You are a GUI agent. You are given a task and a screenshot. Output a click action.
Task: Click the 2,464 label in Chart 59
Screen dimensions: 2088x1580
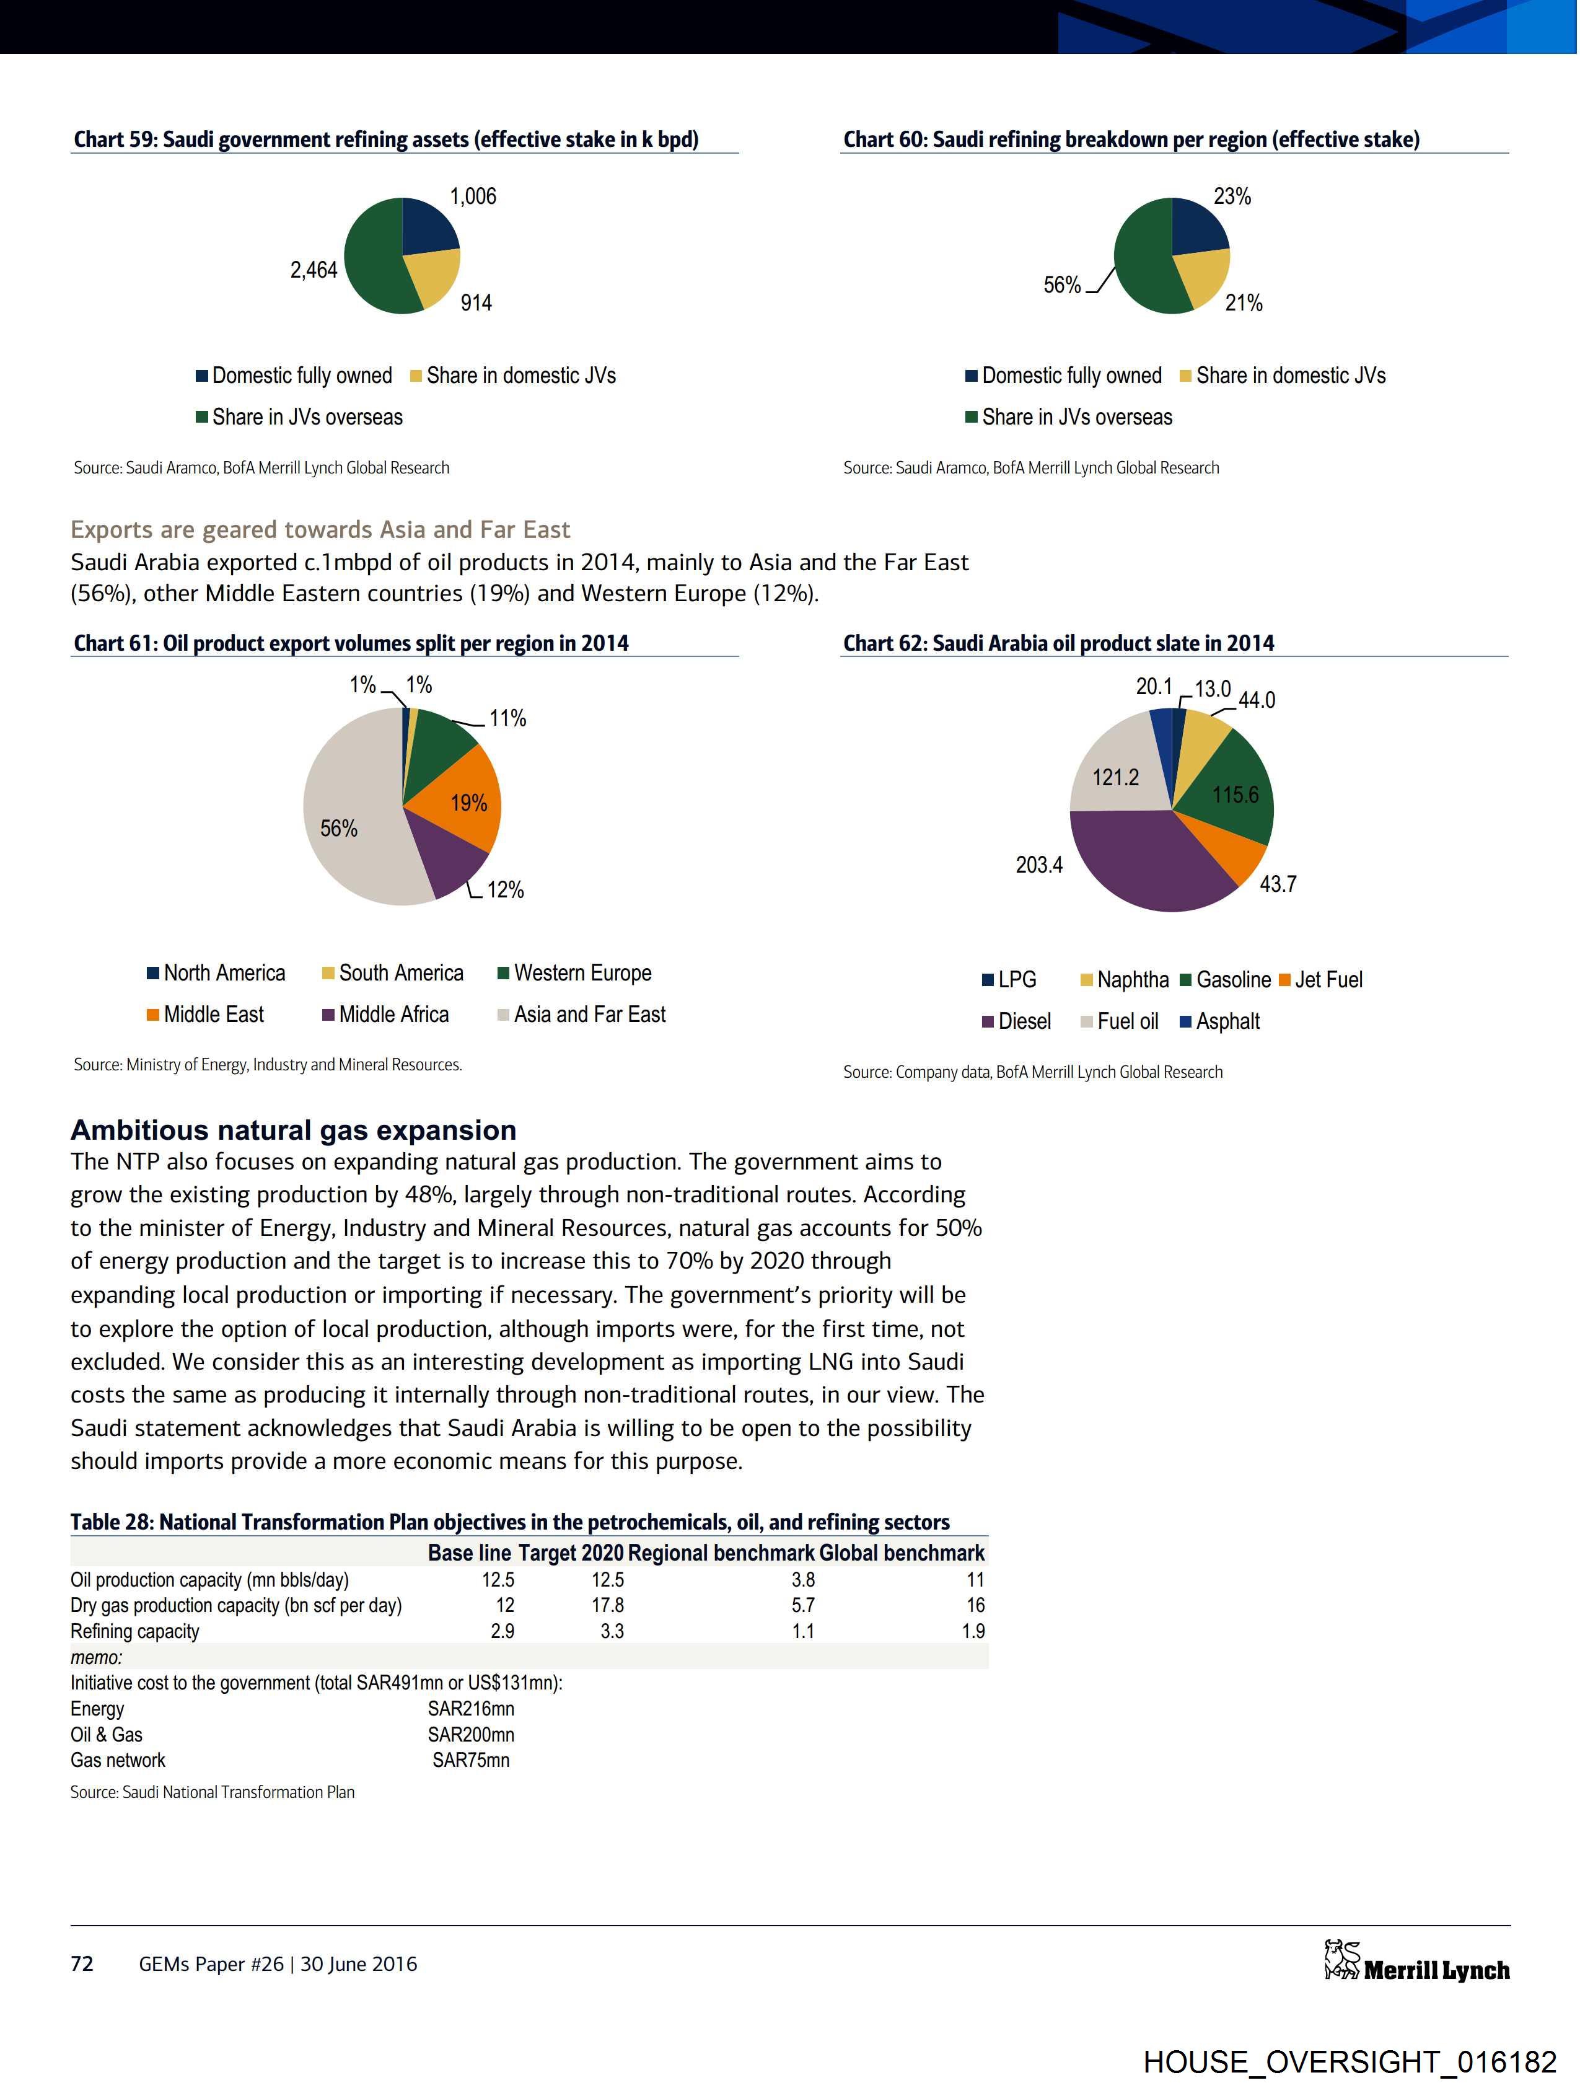coord(314,271)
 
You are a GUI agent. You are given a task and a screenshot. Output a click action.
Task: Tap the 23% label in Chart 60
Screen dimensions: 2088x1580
coord(1232,196)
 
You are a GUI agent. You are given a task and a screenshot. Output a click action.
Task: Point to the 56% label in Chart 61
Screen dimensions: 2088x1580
coord(339,829)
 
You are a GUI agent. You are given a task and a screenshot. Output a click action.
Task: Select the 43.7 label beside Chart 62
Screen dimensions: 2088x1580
coord(1278,884)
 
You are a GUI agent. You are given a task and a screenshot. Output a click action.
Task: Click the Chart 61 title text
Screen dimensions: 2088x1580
coord(351,644)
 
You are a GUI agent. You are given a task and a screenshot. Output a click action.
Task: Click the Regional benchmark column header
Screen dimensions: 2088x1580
coord(721,1553)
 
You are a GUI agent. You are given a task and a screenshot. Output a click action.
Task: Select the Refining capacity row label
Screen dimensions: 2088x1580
coord(135,1631)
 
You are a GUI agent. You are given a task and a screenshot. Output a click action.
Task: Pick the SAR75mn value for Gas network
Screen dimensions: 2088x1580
coord(471,1760)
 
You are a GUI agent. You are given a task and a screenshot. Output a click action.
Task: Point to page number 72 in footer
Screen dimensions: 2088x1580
coord(82,1963)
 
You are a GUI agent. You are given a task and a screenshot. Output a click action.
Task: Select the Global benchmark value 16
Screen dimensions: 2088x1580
coord(975,1605)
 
